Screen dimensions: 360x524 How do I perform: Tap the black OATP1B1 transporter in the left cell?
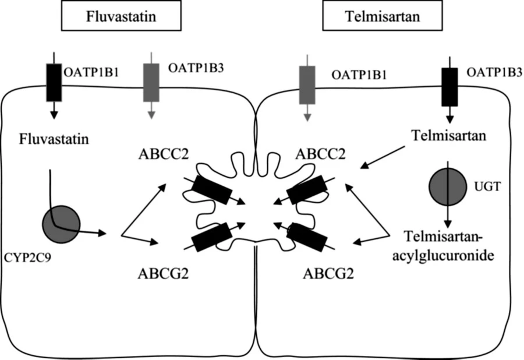coord(54,82)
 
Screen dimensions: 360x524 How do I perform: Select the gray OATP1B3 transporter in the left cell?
coord(151,82)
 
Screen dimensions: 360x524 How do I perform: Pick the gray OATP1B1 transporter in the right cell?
coord(307,84)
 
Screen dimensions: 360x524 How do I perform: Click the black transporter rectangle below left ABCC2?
coord(211,190)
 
